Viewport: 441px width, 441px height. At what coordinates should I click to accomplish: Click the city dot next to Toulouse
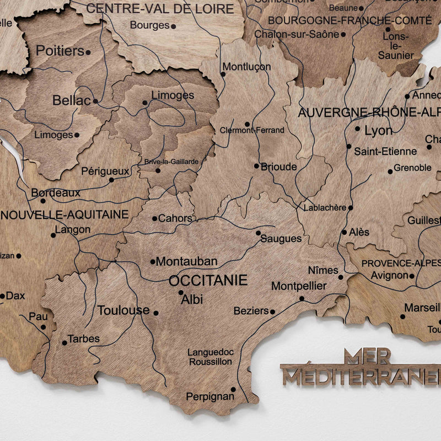coord(156,313)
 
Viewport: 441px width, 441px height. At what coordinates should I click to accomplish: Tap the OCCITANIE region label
coord(208,281)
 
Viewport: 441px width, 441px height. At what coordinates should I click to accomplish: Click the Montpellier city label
coord(299,287)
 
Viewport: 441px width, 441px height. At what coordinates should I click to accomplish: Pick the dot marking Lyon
coord(357,129)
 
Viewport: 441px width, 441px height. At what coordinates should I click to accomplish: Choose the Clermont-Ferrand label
coord(252,131)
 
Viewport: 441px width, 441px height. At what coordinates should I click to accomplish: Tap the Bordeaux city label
coord(56,193)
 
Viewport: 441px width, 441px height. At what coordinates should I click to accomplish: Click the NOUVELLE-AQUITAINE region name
coord(64,214)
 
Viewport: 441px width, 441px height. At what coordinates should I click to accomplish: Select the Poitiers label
coord(60,51)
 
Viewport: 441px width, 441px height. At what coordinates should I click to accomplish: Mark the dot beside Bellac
coord(95,101)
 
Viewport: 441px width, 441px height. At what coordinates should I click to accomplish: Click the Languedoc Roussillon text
coord(210,357)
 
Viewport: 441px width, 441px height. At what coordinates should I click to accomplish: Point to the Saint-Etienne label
coord(385,151)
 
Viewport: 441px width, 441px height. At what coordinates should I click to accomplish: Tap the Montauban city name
coord(186,261)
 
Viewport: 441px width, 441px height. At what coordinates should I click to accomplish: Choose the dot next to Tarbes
coord(64,342)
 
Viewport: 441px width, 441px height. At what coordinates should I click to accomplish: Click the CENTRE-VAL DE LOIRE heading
coord(160,8)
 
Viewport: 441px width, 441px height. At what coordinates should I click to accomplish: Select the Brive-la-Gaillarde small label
coord(171,162)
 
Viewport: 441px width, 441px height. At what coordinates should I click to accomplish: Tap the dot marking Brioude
coord(256,165)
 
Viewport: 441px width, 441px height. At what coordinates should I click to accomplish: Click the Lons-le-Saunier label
coord(396,46)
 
